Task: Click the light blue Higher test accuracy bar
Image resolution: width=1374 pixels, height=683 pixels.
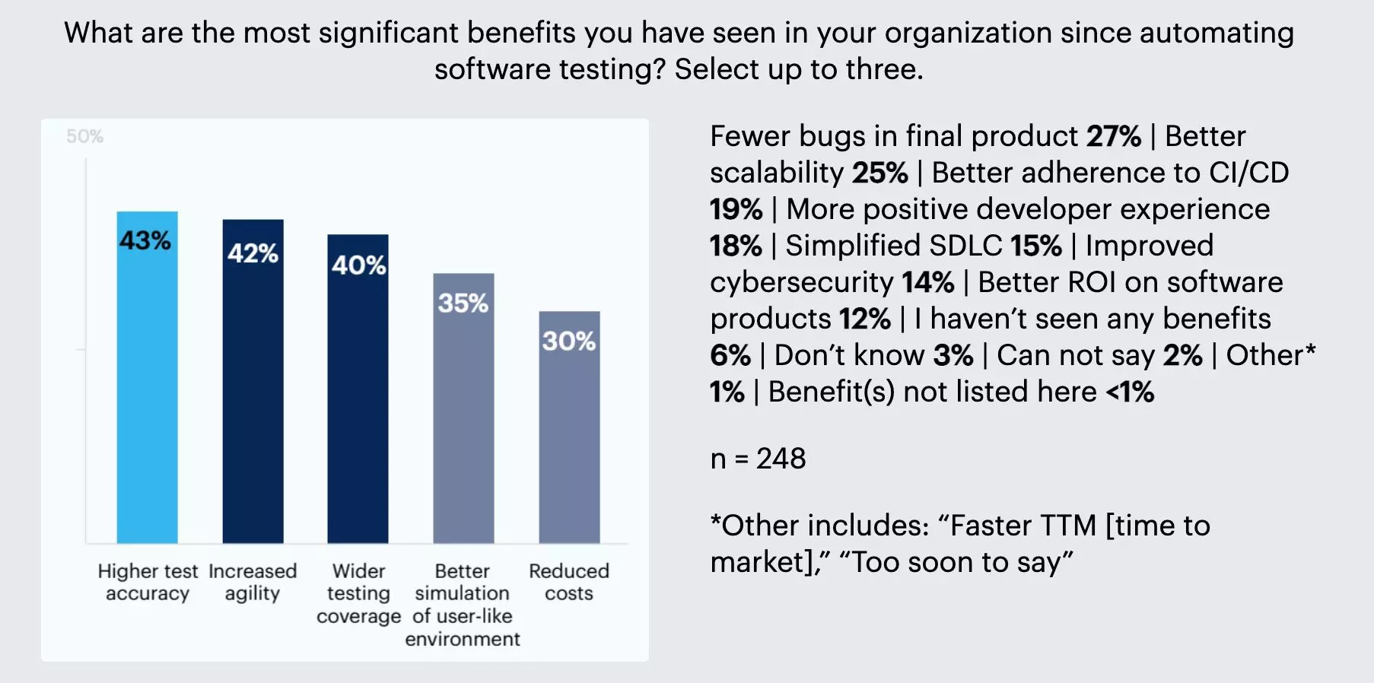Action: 147,396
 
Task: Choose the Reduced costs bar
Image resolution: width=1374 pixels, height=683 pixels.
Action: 569,449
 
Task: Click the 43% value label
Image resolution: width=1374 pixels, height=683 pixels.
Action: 145,240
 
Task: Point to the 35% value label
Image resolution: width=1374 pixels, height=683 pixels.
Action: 463,303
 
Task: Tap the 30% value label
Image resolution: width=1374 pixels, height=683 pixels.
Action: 568,341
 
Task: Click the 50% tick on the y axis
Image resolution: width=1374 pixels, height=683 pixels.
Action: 84,137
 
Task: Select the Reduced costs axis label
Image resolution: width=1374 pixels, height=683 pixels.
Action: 569,582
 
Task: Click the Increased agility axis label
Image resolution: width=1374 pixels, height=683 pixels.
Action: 253,582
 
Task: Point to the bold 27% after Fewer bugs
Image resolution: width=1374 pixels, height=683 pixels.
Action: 1114,137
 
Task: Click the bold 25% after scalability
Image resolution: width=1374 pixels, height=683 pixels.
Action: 880,173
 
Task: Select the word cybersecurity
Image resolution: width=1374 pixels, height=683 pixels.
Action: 801,283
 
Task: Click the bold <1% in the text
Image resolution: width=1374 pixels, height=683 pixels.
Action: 1130,392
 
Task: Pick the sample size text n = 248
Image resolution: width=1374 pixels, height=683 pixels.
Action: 758,459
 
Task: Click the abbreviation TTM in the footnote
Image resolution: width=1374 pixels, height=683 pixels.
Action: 1068,526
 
